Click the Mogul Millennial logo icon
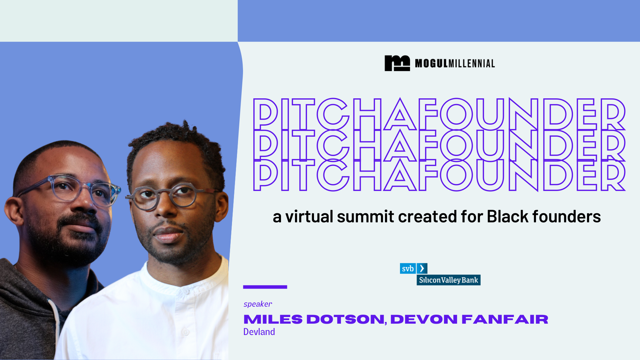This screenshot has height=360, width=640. click(x=397, y=63)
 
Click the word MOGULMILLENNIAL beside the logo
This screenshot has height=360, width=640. click(x=455, y=63)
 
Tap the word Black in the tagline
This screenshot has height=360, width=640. click(x=508, y=217)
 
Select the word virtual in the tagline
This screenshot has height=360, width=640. click(x=309, y=217)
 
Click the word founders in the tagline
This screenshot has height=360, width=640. click(x=566, y=217)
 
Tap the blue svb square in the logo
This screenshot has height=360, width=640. click(x=408, y=268)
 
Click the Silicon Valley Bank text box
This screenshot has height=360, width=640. click(x=448, y=280)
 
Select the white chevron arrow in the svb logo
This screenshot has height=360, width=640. click(x=422, y=268)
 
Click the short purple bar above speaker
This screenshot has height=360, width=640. click(x=265, y=287)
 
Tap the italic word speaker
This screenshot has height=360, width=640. click(x=258, y=304)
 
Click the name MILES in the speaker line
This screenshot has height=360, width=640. click(x=273, y=319)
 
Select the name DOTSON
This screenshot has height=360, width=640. click(x=345, y=319)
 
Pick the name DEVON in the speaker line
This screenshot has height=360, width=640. click(x=424, y=319)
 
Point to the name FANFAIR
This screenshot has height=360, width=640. click(x=505, y=319)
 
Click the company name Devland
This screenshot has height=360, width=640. click(x=259, y=332)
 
